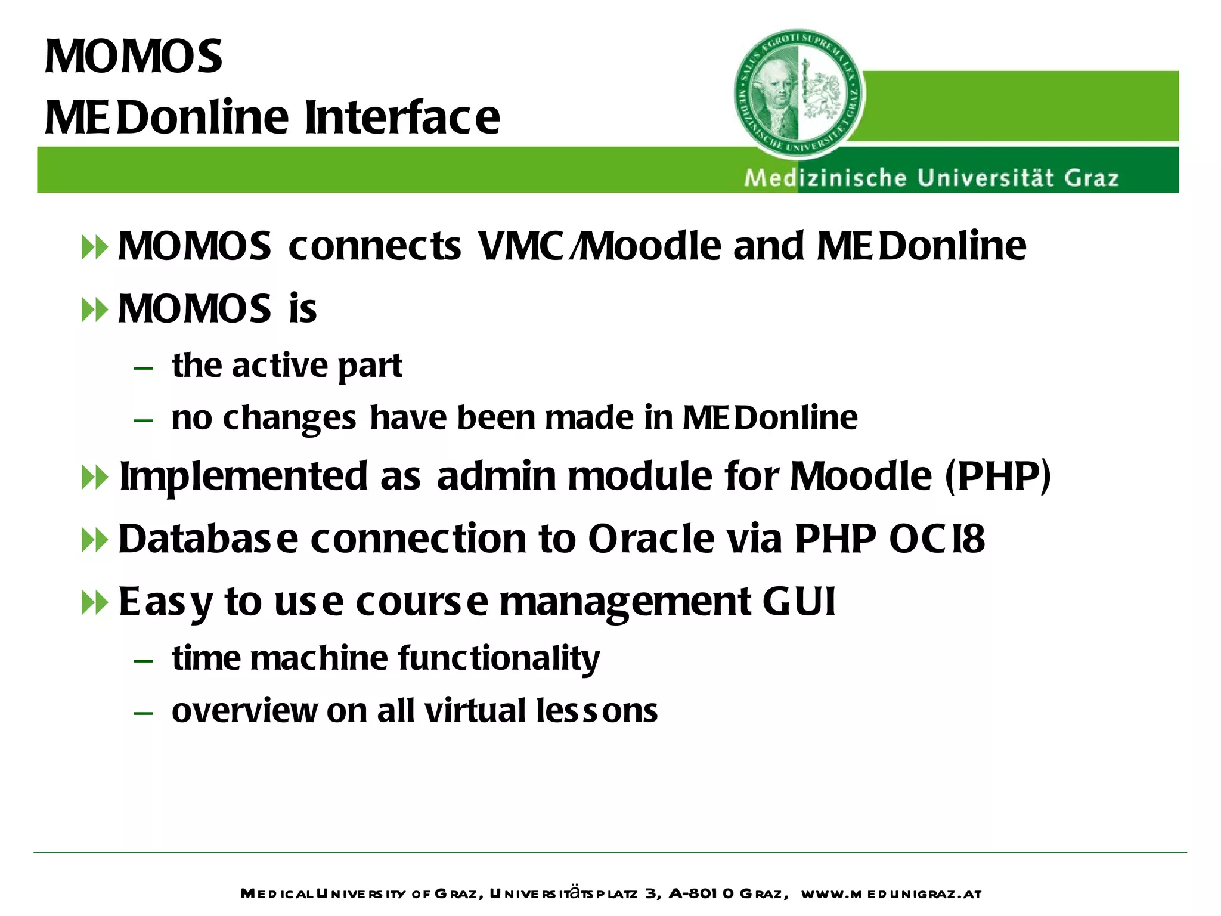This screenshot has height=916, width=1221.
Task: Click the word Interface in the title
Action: [x=402, y=117]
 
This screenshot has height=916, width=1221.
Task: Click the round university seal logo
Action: [x=799, y=94]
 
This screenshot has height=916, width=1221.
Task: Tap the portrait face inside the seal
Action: [x=773, y=89]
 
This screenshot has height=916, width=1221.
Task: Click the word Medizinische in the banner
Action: [x=825, y=178]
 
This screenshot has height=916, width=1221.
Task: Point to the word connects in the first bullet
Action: [x=374, y=246]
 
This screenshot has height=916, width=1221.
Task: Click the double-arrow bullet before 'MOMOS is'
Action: [x=95, y=310]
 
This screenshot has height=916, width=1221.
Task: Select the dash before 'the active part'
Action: [x=144, y=368]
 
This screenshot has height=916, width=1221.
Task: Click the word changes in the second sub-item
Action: [x=289, y=418]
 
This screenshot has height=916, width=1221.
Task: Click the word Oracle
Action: [x=651, y=539]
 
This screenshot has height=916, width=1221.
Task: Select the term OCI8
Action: [x=937, y=539]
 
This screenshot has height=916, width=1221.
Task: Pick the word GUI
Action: [x=799, y=601]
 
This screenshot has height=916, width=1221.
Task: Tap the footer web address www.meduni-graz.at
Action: [x=891, y=893]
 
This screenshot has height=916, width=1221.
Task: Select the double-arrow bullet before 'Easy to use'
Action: [x=95, y=603]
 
